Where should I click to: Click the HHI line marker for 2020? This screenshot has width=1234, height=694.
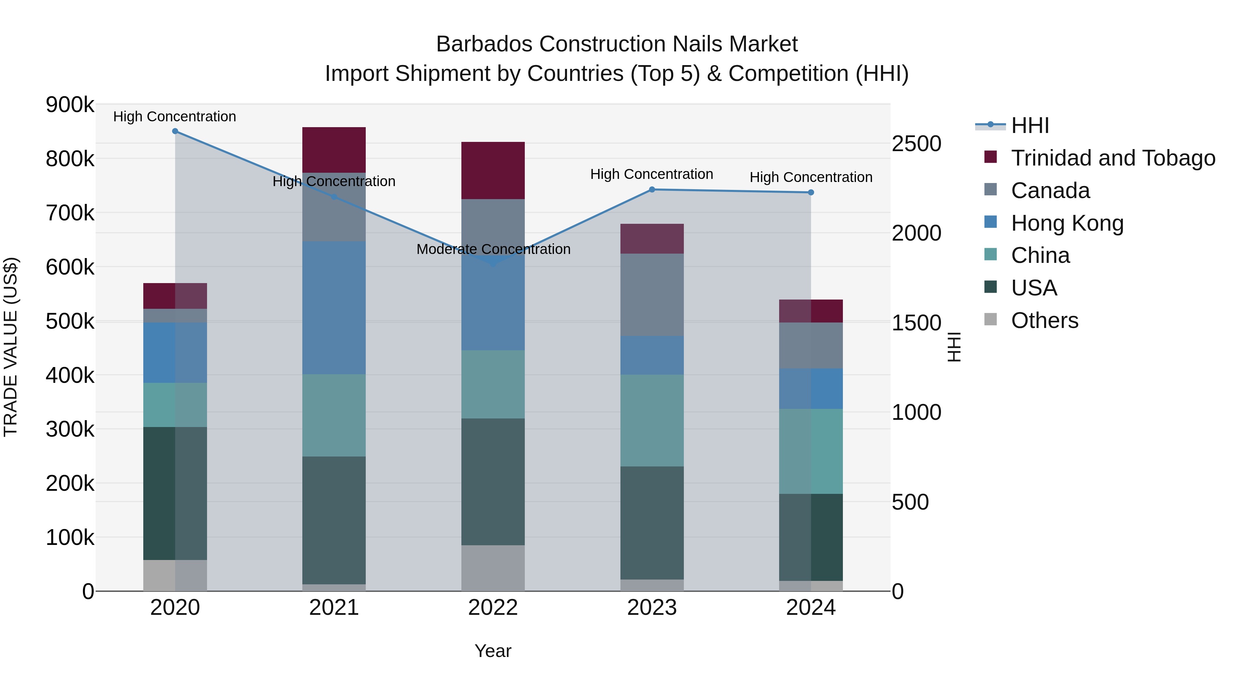click(x=175, y=131)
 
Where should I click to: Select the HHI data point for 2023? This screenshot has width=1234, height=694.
click(x=652, y=190)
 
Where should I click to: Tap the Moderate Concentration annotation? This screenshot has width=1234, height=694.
click(x=493, y=249)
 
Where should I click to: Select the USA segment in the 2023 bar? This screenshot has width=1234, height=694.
click(x=652, y=523)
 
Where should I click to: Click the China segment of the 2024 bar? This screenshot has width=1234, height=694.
click(x=811, y=451)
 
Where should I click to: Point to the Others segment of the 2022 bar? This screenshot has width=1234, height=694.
click(x=493, y=568)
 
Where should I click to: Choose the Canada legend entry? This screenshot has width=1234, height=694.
click(x=1050, y=191)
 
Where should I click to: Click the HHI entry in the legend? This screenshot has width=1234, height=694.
click(x=1030, y=125)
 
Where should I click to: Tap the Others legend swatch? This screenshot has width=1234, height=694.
click(x=990, y=319)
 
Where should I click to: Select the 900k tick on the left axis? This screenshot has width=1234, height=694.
click(x=70, y=105)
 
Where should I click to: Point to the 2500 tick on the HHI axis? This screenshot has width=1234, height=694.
click(x=916, y=144)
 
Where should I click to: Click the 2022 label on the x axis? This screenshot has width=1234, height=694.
click(x=493, y=608)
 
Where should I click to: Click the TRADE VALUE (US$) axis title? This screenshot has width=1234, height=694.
click(x=11, y=347)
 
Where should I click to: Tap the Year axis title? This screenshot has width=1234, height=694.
click(x=493, y=651)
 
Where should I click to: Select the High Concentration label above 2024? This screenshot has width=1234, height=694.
click(x=811, y=177)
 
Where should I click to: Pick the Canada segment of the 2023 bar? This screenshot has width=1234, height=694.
click(x=652, y=294)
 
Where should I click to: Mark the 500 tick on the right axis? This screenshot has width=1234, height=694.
click(x=910, y=502)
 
